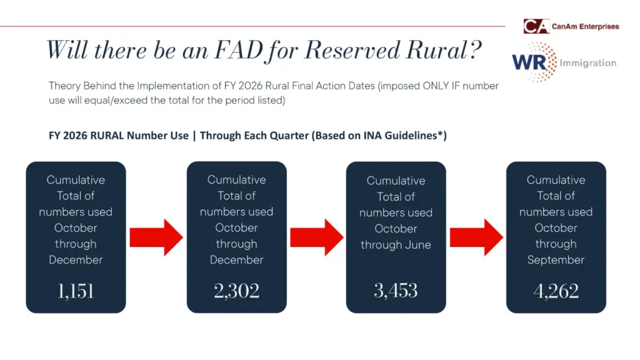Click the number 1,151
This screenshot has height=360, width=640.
[76, 291]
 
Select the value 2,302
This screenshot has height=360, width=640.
[237, 291]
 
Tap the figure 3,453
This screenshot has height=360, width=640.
[396, 291]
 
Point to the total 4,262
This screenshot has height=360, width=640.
[556, 291]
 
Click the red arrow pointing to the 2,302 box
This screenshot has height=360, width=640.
[156, 237]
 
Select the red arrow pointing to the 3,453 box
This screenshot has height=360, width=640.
[317, 237]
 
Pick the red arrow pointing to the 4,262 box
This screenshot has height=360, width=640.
[476, 237]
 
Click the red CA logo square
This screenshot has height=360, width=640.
[536, 26]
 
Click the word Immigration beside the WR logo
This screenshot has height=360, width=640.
[587, 63]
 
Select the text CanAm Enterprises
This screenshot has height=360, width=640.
[585, 26]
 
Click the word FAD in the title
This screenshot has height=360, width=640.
[239, 50]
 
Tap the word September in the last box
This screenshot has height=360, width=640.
[556, 260]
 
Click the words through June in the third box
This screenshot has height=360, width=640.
[396, 244]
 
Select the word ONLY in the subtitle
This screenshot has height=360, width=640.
[436, 86]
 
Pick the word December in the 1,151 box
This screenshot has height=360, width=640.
[76, 260]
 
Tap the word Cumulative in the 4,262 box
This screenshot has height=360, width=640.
[556, 180]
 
